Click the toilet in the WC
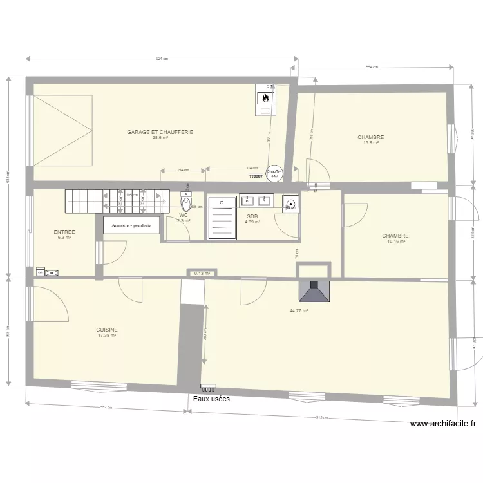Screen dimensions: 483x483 point(186,204)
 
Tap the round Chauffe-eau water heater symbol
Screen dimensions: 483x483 point(274,171)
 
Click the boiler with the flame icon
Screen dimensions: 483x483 point(265,99)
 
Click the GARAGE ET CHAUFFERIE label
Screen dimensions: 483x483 point(160,132)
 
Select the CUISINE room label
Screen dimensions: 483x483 point(107,329)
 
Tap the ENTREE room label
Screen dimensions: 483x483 point(64,232)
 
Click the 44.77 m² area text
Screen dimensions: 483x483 point(299,311)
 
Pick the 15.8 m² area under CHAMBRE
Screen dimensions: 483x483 point(371,143)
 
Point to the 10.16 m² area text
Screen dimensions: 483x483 point(396,241)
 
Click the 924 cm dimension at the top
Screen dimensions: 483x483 point(161,59)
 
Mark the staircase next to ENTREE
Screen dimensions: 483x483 point(116,200)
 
